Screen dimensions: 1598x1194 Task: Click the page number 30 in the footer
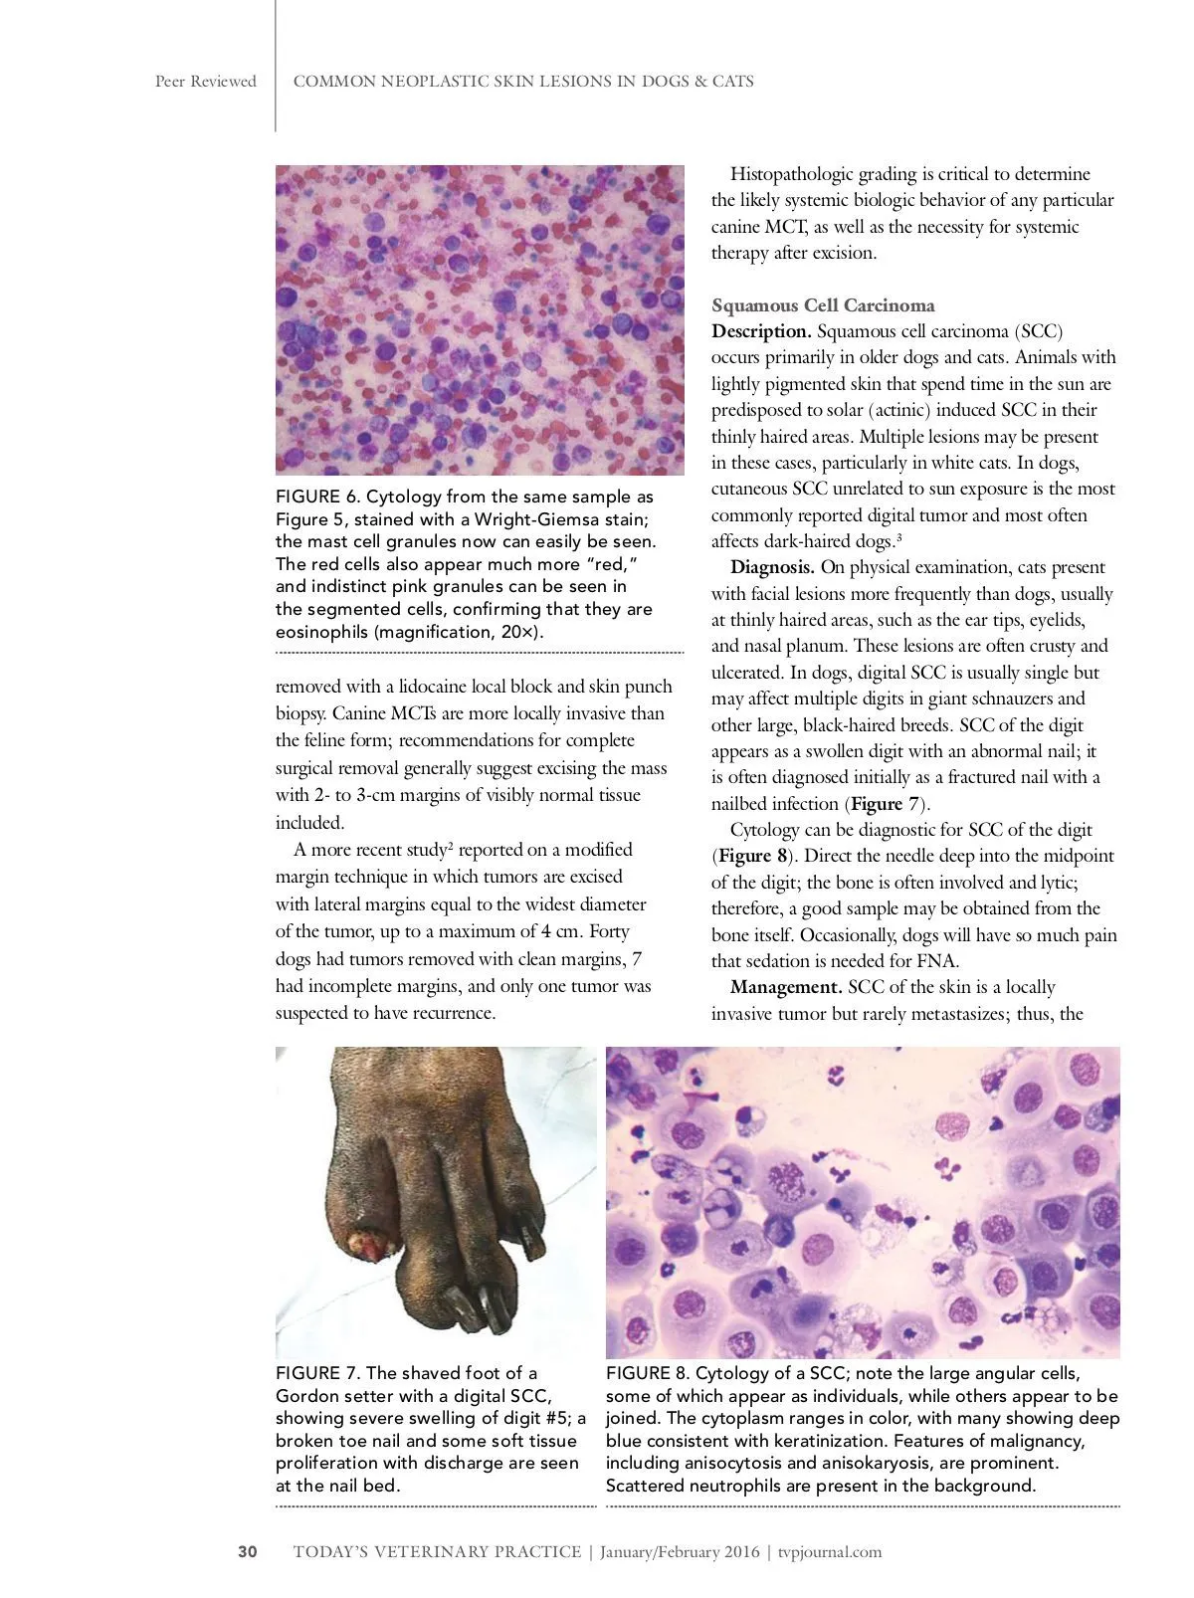coord(248,1551)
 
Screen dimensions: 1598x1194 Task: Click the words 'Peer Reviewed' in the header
coord(205,82)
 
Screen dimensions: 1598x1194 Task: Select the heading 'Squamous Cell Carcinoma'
coord(823,305)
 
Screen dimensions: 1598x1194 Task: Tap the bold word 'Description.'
coord(761,331)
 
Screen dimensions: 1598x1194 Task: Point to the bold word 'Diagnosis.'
coord(772,568)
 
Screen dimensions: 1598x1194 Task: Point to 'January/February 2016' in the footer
coord(680,1551)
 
